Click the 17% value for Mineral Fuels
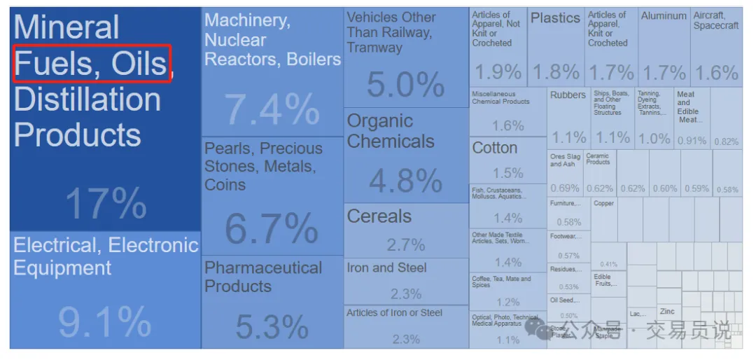click(x=106, y=204)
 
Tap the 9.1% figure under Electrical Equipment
click(x=104, y=323)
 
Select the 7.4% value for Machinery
click(x=272, y=110)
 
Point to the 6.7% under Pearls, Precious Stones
click(x=272, y=228)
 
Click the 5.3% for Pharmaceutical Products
click(x=272, y=326)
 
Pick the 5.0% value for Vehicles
click(x=405, y=85)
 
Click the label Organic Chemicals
click(x=391, y=131)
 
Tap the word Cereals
click(x=379, y=216)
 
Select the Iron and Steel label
click(x=386, y=268)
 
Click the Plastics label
click(x=555, y=18)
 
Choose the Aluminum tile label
click(x=664, y=15)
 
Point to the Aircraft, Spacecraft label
click(x=716, y=20)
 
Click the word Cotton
click(x=495, y=148)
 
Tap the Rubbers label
click(x=568, y=95)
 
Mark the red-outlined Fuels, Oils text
click(x=91, y=64)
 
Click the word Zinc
click(x=667, y=311)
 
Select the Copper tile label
click(x=603, y=203)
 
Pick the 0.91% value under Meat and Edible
click(x=692, y=141)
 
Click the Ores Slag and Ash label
click(x=565, y=160)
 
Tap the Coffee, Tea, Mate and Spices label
click(x=501, y=282)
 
